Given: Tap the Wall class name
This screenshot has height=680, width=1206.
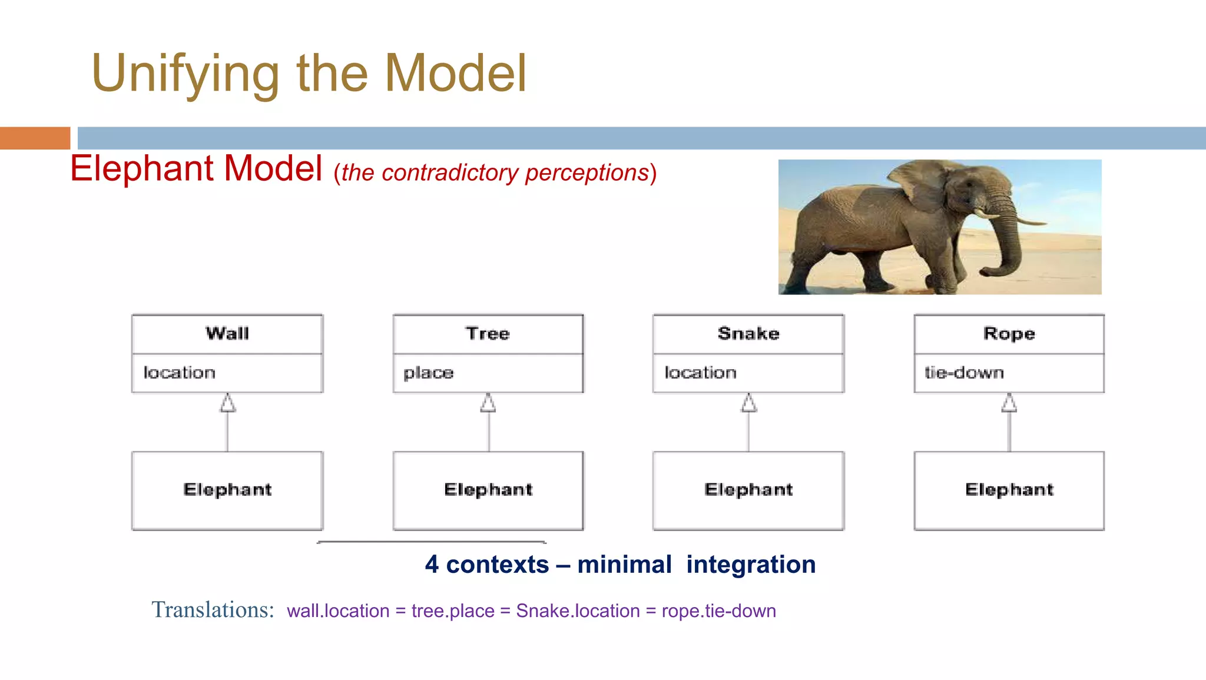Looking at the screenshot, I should click(x=227, y=334).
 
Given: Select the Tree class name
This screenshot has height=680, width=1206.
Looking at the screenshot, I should click(x=488, y=334).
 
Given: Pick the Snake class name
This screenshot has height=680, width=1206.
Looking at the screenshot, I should click(x=748, y=334).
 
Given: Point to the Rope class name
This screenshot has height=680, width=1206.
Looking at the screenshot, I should click(x=1009, y=334).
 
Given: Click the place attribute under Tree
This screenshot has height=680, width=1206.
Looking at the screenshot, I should click(x=429, y=373).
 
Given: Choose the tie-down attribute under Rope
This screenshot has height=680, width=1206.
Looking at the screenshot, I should click(x=964, y=373).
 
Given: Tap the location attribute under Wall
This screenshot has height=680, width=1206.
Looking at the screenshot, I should click(x=180, y=373).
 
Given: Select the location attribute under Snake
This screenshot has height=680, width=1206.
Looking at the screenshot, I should click(x=701, y=373).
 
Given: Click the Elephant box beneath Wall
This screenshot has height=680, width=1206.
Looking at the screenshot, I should click(x=227, y=490).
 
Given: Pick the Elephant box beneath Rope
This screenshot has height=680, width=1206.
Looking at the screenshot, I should click(x=1009, y=490).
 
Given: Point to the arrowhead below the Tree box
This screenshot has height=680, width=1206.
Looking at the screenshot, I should click(x=488, y=403).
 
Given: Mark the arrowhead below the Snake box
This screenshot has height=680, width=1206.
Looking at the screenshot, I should click(x=748, y=403).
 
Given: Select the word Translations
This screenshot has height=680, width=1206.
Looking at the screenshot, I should click(x=213, y=610).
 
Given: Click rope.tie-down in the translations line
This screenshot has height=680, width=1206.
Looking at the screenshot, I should click(x=718, y=611).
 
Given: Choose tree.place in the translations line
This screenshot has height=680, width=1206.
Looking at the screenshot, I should click(x=453, y=611).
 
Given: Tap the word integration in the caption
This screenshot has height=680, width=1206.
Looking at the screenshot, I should click(x=751, y=565).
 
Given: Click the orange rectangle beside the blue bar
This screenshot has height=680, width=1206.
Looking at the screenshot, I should click(x=35, y=138).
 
